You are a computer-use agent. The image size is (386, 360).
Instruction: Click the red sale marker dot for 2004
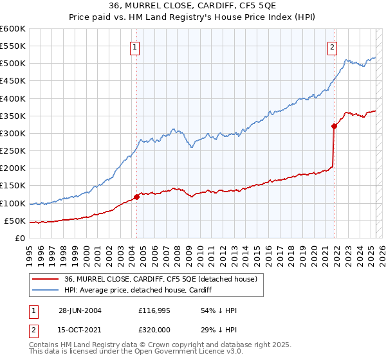(136, 197)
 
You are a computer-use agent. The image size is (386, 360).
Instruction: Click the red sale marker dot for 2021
(335, 126)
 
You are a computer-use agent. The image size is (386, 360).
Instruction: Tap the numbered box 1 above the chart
(135, 46)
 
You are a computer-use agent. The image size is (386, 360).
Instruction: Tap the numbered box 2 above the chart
(332, 46)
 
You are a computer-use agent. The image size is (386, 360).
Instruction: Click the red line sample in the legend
(46, 279)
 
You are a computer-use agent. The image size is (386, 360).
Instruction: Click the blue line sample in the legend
(46, 290)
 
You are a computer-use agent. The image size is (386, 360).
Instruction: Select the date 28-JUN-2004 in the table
(80, 310)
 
